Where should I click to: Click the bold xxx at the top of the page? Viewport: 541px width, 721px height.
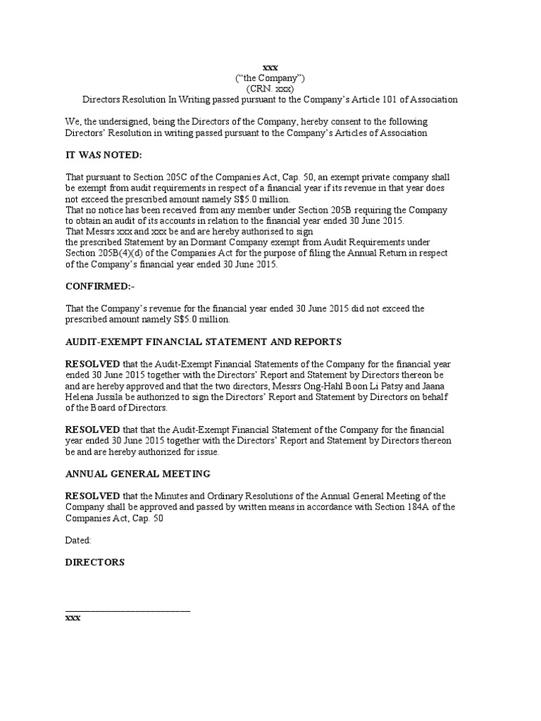(x=269, y=67)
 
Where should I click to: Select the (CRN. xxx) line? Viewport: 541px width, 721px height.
(x=269, y=89)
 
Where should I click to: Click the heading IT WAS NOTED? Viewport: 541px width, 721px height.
(x=104, y=155)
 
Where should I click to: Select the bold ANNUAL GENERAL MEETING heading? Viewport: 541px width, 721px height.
(x=137, y=474)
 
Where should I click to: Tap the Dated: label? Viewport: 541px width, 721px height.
(x=78, y=540)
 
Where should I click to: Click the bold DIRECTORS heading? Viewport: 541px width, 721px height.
(x=94, y=563)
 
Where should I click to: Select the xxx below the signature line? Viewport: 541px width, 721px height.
(x=73, y=617)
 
